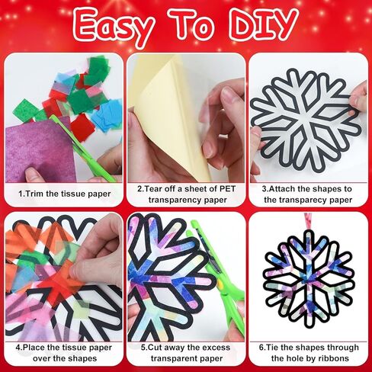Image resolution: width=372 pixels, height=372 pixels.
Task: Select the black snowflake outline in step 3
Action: point(303,114)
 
